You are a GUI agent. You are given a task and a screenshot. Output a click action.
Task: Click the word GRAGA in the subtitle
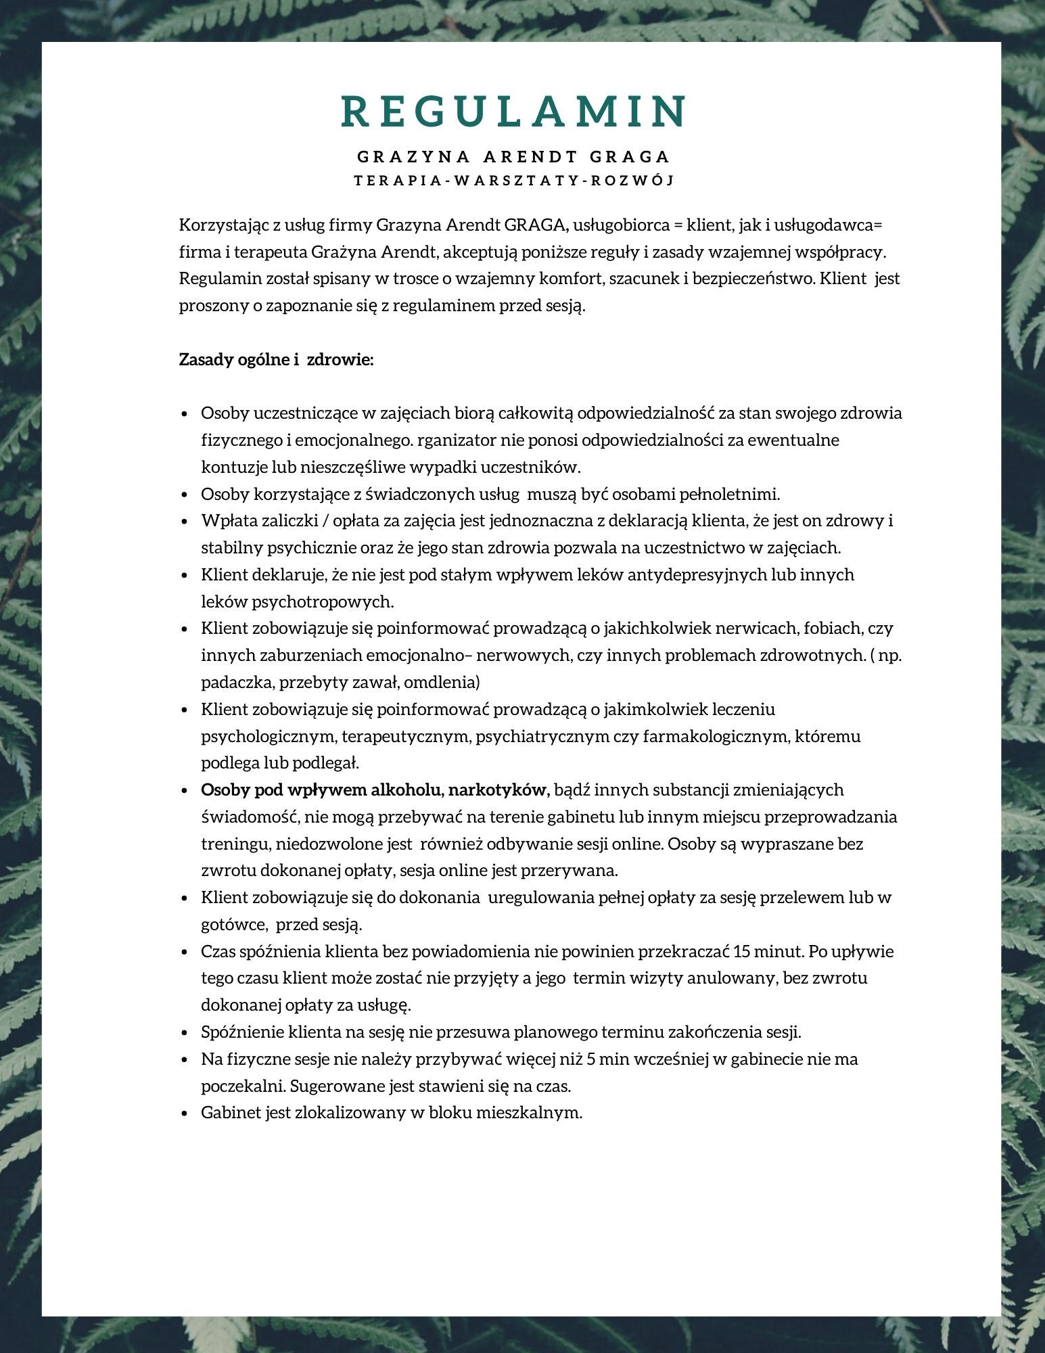click(x=629, y=157)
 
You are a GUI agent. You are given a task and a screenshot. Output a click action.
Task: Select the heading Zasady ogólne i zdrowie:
click(x=276, y=359)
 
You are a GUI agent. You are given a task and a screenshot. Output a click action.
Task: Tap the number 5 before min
click(x=592, y=1059)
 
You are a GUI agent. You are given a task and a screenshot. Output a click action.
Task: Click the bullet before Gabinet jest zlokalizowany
click(x=185, y=1114)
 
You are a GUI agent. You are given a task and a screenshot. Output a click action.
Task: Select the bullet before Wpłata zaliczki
click(x=185, y=522)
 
